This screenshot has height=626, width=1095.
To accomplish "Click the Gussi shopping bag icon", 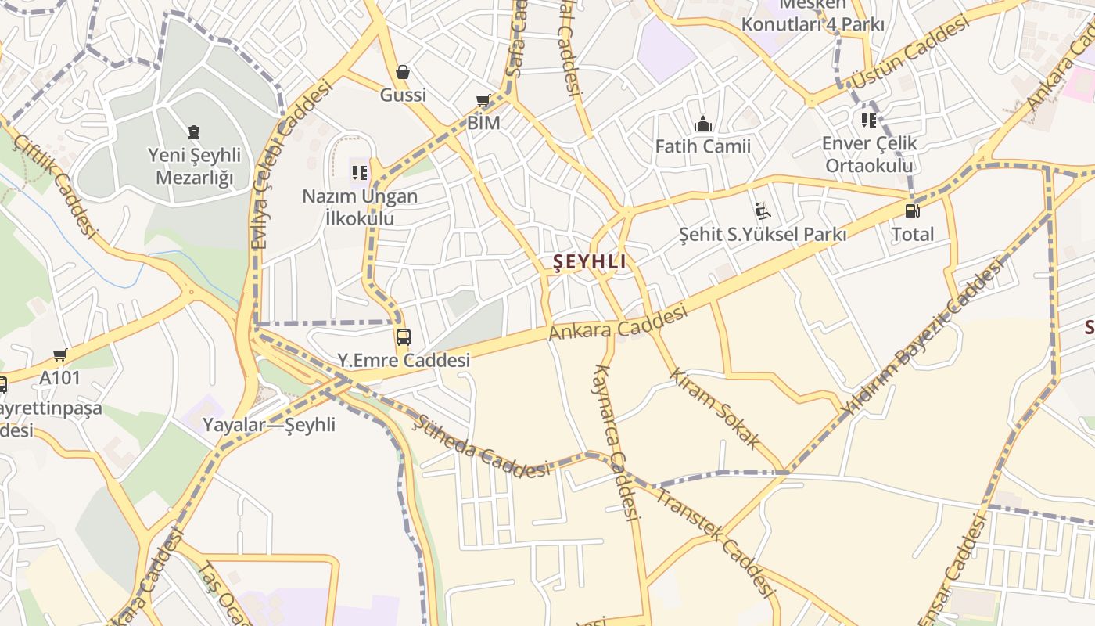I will (402, 73).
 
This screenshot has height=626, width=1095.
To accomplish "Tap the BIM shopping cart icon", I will (483, 101).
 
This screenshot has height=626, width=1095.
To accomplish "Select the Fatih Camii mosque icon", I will (702, 124).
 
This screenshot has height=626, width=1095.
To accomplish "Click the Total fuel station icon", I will (912, 210).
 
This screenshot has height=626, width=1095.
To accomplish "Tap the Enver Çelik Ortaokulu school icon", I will (869, 121).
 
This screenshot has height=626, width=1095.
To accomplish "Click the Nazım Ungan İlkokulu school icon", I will (360, 172).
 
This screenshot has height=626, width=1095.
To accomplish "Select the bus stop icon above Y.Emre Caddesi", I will (404, 337).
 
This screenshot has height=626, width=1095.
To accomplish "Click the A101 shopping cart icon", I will (60, 355).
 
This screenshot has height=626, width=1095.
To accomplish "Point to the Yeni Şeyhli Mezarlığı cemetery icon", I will (194, 132).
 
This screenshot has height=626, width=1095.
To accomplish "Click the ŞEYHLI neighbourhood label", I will (590, 262).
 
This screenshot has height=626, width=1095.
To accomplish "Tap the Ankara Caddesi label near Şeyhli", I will (618, 322).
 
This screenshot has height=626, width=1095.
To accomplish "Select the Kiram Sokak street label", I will (714, 408).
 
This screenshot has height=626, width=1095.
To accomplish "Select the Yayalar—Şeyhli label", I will (269, 425).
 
